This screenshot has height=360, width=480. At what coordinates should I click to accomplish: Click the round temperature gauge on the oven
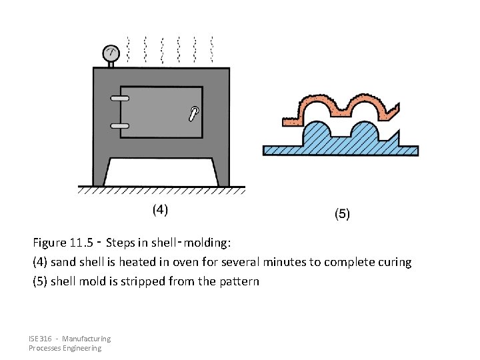(111, 52)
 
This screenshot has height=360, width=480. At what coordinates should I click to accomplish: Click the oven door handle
(194, 113)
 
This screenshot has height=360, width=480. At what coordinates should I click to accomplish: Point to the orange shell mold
(340, 110)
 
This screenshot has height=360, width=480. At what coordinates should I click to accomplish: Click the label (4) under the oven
(160, 210)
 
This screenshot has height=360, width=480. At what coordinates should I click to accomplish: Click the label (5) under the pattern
(341, 214)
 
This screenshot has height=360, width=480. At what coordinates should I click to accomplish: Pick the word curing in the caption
(394, 262)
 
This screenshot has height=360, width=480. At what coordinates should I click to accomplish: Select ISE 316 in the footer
(41, 339)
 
